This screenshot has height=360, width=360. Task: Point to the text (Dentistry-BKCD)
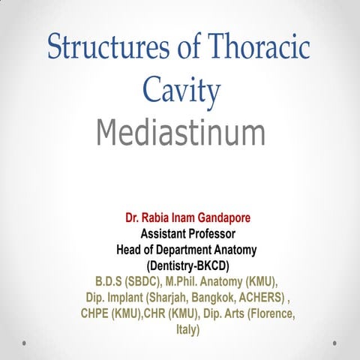(180, 265)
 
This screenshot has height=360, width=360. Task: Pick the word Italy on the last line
(180, 328)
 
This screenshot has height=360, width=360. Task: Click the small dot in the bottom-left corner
(25, 343)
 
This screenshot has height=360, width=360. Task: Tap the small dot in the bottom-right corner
(334, 343)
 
